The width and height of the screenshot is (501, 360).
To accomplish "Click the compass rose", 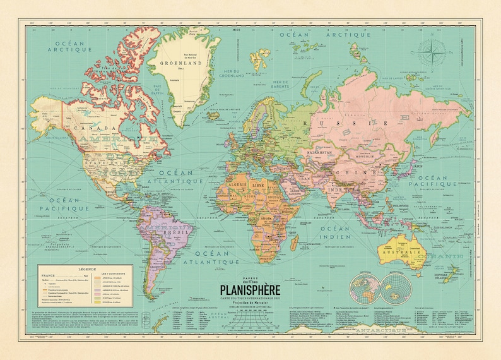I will [x=432, y=52].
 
